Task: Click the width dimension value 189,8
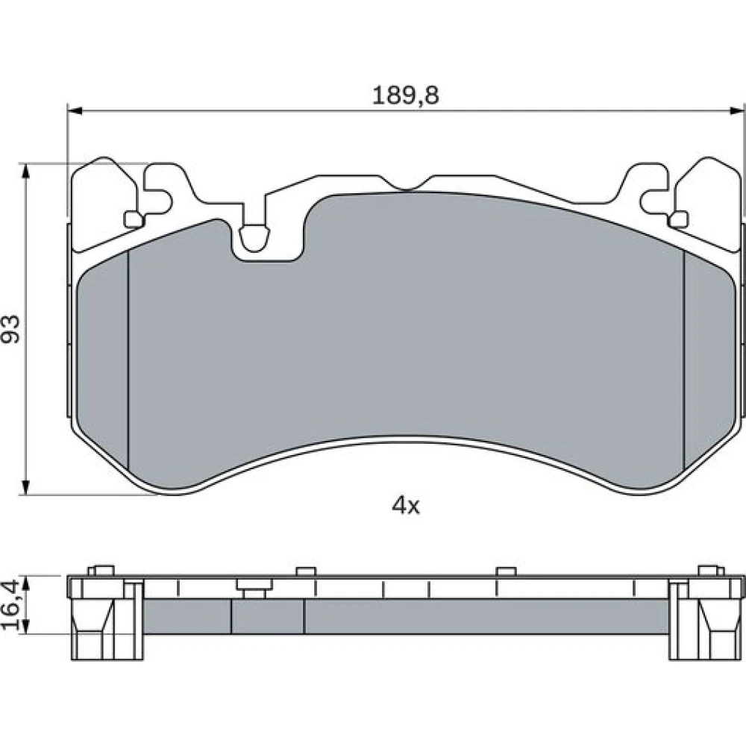(405, 95)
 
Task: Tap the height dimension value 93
(10, 329)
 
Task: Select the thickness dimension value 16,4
(10, 605)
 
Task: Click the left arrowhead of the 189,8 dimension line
(75, 111)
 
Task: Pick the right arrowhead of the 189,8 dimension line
(737, 111)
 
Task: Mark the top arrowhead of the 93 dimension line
(26, 172)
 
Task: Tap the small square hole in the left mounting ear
(134, 219)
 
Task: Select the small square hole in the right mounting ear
(678, 219)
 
